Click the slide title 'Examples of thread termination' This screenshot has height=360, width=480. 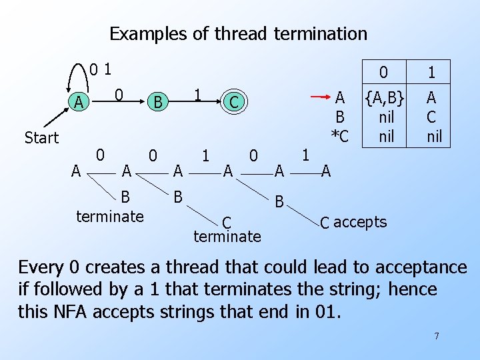pos(238,33)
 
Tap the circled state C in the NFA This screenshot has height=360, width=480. pos(233,102)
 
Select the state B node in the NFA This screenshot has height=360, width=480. pos(157,102)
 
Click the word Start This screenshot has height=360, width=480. pos(41,138)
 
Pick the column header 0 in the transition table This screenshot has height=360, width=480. pos(383,72)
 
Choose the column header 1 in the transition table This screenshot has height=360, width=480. pos(432,72)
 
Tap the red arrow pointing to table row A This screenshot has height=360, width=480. pos(323,97)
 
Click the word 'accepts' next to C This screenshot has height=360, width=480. pos(360,222)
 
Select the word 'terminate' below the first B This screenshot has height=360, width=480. pos(110,216)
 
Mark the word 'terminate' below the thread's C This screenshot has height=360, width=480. pos(227,236)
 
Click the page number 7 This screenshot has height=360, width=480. pos(437,336)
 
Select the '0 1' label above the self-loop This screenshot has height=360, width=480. pos(101,69)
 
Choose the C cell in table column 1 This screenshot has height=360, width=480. pos(431,118)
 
